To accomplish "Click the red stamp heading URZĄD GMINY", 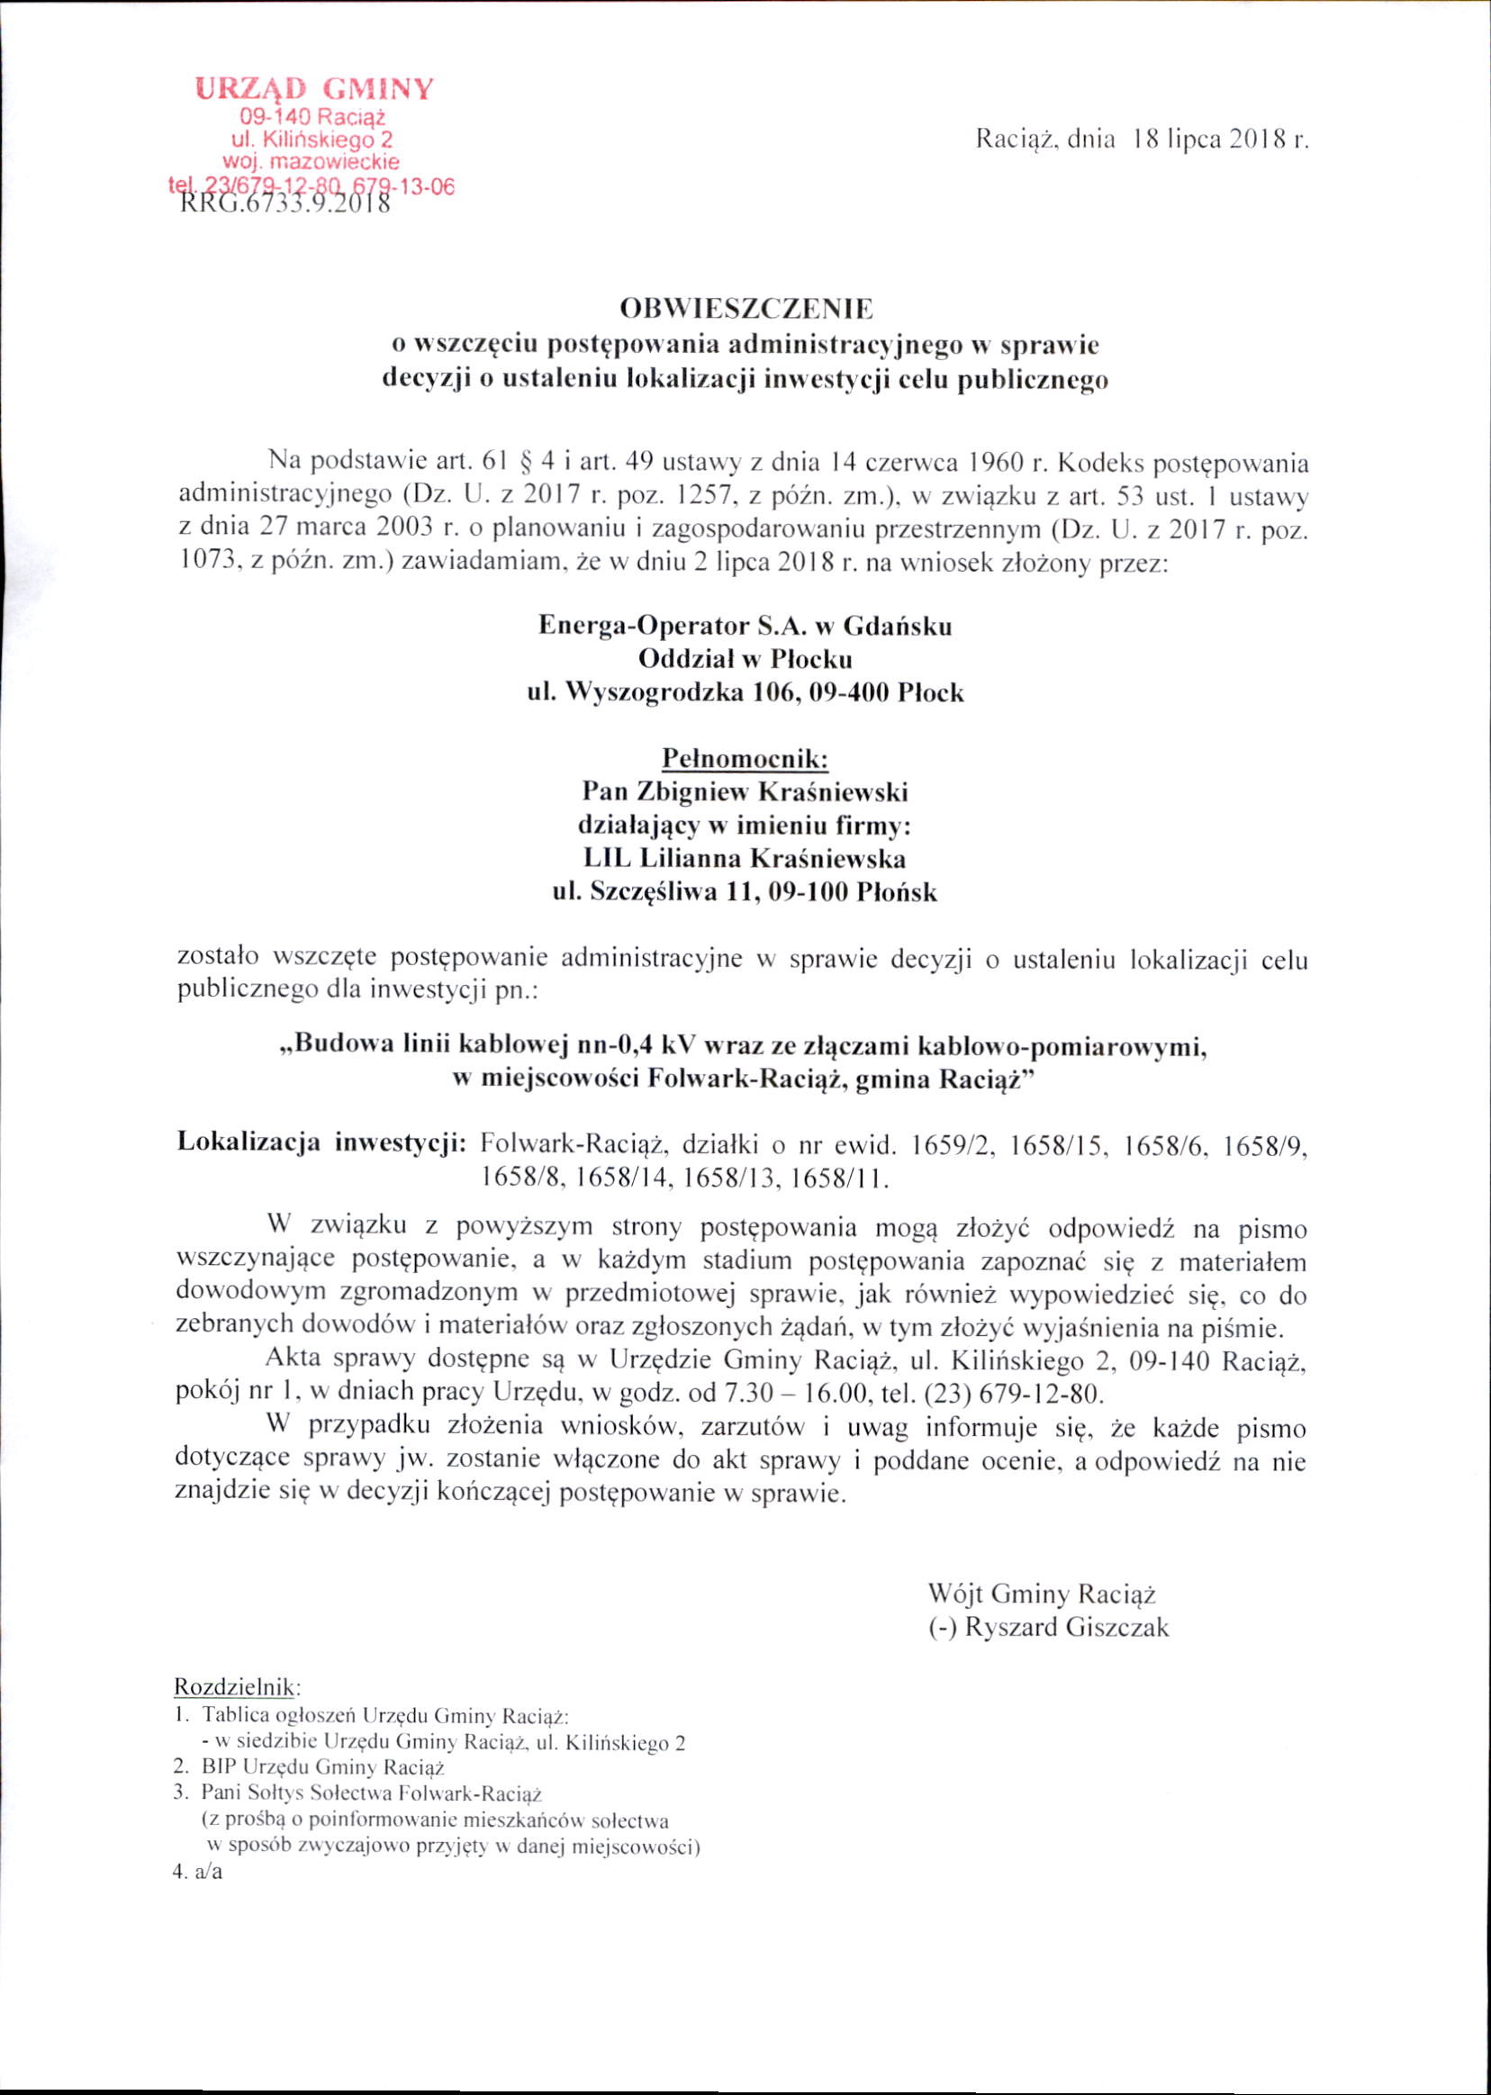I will [313, 89].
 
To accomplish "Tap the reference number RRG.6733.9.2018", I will [285, 203].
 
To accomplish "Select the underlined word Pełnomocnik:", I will [745, 759].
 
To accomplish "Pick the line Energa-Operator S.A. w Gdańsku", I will [745, 626].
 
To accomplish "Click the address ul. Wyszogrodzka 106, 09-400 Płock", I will [745, 692].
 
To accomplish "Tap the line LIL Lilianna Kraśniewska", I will [745, 858].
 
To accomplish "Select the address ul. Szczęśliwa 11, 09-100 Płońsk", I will [745, 891].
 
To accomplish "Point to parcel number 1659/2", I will [951, 1145].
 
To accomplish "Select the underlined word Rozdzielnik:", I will [237, 1687].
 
